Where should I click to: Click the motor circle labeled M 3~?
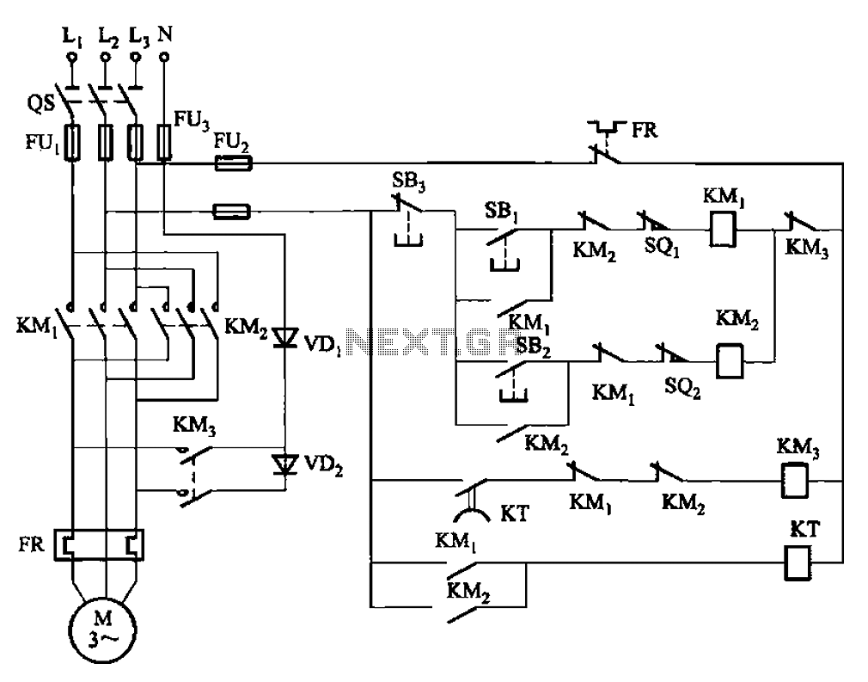(x=103, y=630)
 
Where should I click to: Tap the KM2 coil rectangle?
(x=730, y=360)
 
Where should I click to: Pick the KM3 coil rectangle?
(x=794, y=481)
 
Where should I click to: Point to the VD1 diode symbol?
(x=285, y=337)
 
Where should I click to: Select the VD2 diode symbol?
(x=285, y=464)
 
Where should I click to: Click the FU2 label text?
(x=231, y=143)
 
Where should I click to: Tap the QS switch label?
(x=41, y=103)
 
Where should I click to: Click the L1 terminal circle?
(x=70, y=57)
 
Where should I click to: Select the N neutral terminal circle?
(x=163, y=57)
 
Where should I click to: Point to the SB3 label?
(x=408, y=181)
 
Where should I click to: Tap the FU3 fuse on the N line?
(x=164, y=142)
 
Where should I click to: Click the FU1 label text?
(x=42, y=143)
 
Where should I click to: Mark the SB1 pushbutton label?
(x=500, y=212)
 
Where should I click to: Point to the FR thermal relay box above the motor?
(x=99, y=545)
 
